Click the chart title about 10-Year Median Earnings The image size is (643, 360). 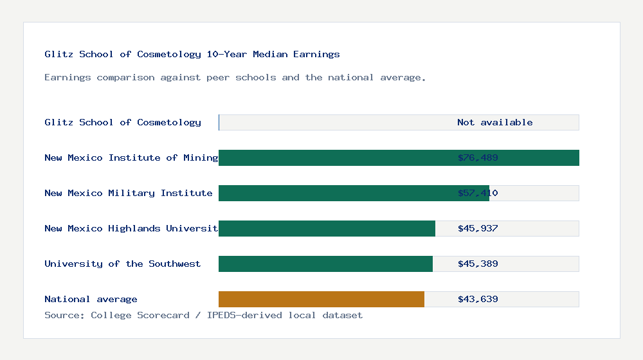tap(192, 55)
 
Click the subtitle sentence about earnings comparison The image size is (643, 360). tap(235, 78)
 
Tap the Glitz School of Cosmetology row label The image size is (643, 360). tap(123, 122)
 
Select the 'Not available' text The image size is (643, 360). tap(494, 122)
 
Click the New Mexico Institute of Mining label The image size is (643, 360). tap(131, 157)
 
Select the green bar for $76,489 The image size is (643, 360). tap(334, 158)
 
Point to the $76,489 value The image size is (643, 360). tap(478, 157)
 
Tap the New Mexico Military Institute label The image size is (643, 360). tap(129, 193)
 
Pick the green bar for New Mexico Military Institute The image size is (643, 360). tap(334, 194)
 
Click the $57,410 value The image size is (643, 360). tap(478, 193)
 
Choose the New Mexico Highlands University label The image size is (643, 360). tap(131, 228)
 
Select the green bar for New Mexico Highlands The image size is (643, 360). tap(327, 229)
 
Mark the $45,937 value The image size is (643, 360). tap(478, 228)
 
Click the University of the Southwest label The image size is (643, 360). tap(122, 264)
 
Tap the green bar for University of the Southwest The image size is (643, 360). tap(325, 264)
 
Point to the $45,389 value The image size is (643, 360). tap(478, 264)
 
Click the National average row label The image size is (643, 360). tap(91, 299)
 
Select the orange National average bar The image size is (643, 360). tap(321, 300)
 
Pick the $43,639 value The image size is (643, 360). tap(478, 299)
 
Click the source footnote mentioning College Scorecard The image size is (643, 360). tap(203, 316)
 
